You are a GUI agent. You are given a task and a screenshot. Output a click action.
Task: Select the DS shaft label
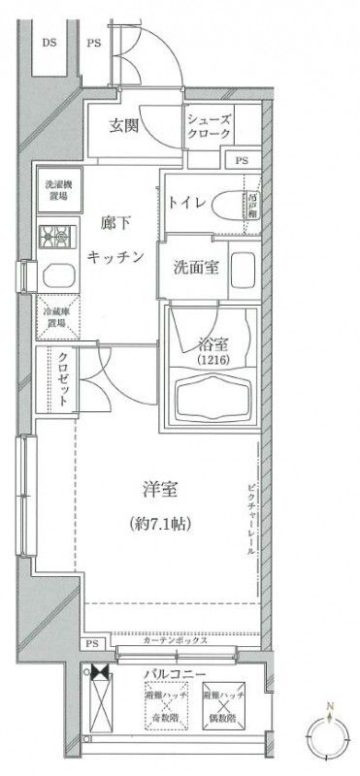48,42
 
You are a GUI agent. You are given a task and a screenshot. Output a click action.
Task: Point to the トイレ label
186,205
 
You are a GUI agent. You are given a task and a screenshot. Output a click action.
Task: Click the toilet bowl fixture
230,206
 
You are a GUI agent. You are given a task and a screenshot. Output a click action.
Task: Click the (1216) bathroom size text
211,360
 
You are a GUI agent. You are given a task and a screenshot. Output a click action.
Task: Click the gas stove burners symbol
53,235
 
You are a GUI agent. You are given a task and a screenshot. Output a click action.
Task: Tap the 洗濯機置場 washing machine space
53,189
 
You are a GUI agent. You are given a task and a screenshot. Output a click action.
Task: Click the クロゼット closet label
54,382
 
